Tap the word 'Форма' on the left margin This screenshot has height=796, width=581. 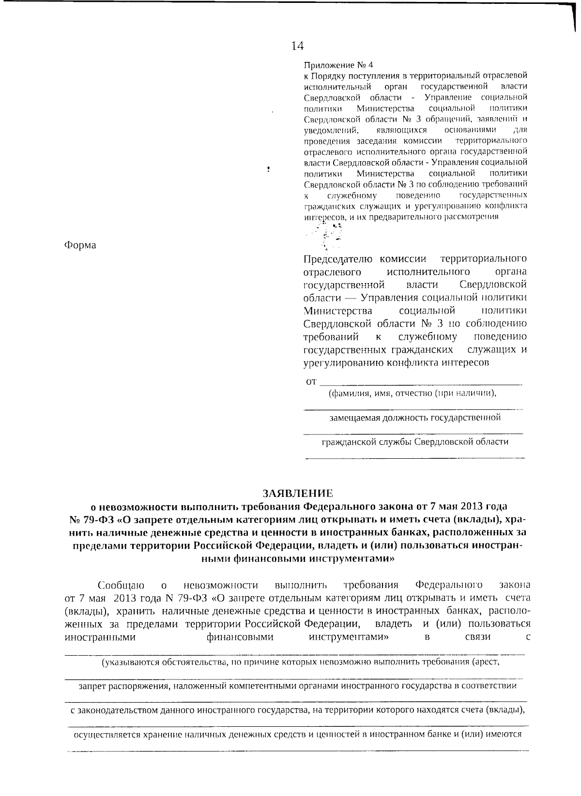click(80, 245)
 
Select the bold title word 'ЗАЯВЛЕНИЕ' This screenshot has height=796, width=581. click(298, 494)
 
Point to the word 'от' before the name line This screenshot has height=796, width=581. click(311, 381)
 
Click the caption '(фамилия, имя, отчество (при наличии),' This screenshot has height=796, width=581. click(413, 393)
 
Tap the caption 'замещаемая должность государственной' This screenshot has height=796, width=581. click(415, 417)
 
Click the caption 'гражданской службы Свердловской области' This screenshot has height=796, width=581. click(415, 441)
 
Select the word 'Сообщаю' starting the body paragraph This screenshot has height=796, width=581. click(121, 585)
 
